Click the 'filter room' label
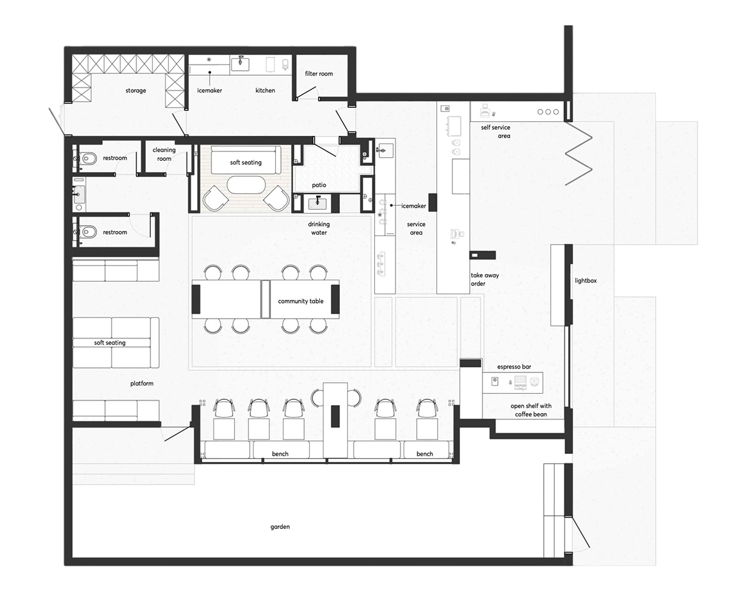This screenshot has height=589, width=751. tap(319, 74)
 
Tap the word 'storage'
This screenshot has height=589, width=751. tap(135, 91)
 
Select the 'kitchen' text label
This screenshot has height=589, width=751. tap(265, 90)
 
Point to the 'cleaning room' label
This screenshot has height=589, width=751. tap(164, 154)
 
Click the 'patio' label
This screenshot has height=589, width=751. tap(319, 185)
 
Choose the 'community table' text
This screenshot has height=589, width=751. tap(300, 301)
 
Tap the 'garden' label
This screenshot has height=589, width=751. tap(280, 527)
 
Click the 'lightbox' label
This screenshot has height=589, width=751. tap(585, 280)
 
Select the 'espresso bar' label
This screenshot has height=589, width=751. tap(514, 367)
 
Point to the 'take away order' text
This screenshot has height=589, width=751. tap(484, 279)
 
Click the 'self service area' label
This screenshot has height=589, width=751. tap(496, 131)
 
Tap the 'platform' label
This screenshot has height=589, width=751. tap(141, 383)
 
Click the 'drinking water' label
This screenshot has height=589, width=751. tap(319, 228)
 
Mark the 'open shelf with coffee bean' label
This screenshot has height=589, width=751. tap(531, 410)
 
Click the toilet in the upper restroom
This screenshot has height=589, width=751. tap(88, 159)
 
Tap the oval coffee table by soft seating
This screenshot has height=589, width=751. tap(246, 185)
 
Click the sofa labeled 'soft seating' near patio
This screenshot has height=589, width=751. tap(246, 160)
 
